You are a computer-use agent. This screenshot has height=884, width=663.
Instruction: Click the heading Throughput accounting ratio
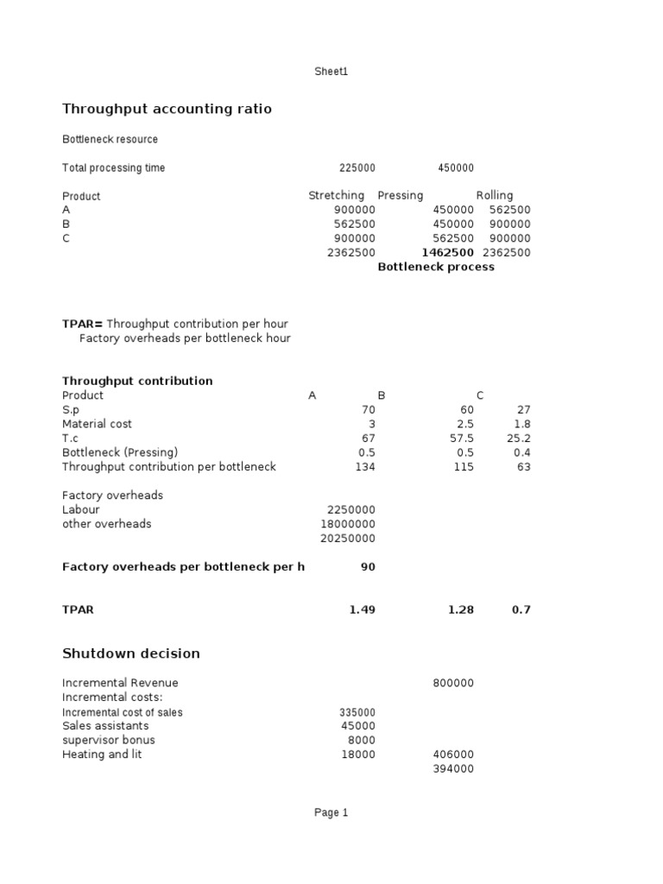(x=167, y=109)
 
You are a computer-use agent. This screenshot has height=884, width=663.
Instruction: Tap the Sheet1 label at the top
(x=331, y=72)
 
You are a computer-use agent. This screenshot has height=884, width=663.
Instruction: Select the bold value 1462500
(x=447, y=253)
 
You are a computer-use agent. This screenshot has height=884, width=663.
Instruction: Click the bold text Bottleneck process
(x=436, y=267)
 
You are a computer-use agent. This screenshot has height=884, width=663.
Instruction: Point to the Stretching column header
(x=336, y=196)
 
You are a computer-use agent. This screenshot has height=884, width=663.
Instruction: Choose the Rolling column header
(x=494, y=196)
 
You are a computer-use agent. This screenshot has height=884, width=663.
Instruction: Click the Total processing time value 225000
(x=357, y=168)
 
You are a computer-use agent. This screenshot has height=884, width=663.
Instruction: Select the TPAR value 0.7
(x=521, y=609)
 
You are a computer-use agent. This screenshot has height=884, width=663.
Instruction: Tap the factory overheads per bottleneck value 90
(x=368, y=567)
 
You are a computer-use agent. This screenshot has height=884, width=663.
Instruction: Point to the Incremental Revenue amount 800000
(x=452, y=684)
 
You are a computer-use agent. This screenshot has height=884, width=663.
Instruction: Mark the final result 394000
(x=452, y=769)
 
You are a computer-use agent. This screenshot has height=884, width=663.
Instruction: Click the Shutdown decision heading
(x=131, y=654)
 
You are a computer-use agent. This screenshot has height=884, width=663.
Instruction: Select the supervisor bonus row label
(x=109, y=741)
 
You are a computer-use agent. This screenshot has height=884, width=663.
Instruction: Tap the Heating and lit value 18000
(x=358, y=755)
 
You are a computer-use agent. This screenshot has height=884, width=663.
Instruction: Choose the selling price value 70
(x=369, y=410)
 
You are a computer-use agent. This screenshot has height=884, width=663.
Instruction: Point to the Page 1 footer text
(x=331, y=812)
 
